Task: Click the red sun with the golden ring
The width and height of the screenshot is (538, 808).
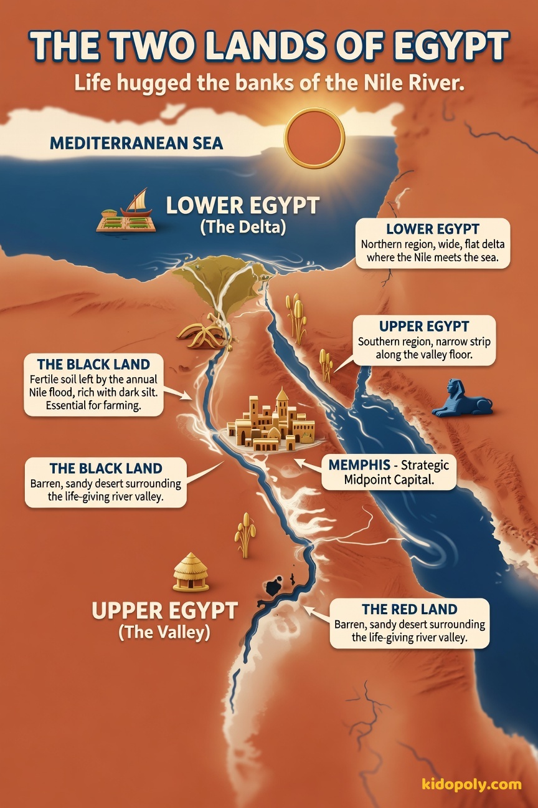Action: [x=314, y=138]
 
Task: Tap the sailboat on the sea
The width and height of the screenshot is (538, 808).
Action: [x=136, y=203]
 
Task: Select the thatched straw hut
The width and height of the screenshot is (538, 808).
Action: [x=191, y=572]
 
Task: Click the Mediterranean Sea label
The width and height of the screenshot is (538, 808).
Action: [x=136, y=143]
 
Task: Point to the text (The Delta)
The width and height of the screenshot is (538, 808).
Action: [x=243, y=228]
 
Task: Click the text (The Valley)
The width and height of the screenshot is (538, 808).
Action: [x=164, y=632]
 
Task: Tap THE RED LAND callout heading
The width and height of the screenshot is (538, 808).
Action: [x=409, y=609]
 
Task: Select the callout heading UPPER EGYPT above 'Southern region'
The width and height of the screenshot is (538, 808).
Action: [x=423, y=327]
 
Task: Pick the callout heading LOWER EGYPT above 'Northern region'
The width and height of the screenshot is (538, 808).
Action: [x=432, y=229]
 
